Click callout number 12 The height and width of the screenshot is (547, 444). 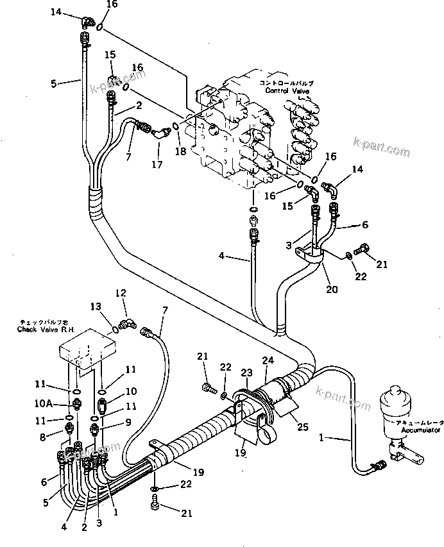click(x=121, y=293)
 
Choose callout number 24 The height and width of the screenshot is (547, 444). click(x=267, y=360)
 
